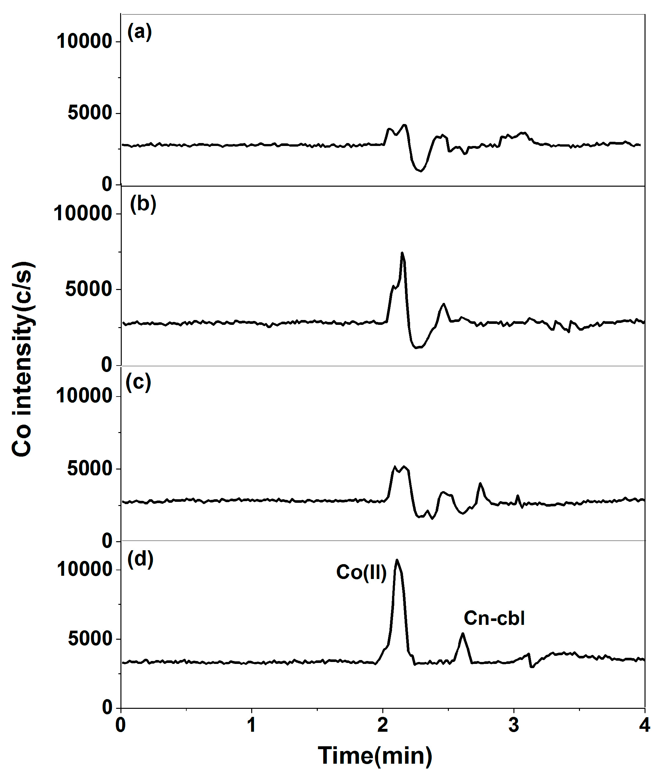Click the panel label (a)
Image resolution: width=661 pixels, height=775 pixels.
click(x=139, y=32)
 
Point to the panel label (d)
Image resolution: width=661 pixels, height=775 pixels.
click(x=140, y=559)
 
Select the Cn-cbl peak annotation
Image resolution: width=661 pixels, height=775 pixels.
click(x=494, y=618)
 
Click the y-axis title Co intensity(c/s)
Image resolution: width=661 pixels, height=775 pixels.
click(x=23, y=359)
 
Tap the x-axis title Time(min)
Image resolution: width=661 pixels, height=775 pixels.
click(x=375, y=755)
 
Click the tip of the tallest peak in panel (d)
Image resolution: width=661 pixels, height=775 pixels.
click(x=397, y=560)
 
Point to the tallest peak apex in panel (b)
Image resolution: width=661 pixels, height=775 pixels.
click(x=402, y=253)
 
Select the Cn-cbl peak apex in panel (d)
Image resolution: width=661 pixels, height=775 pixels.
click(x=463, y=633)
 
